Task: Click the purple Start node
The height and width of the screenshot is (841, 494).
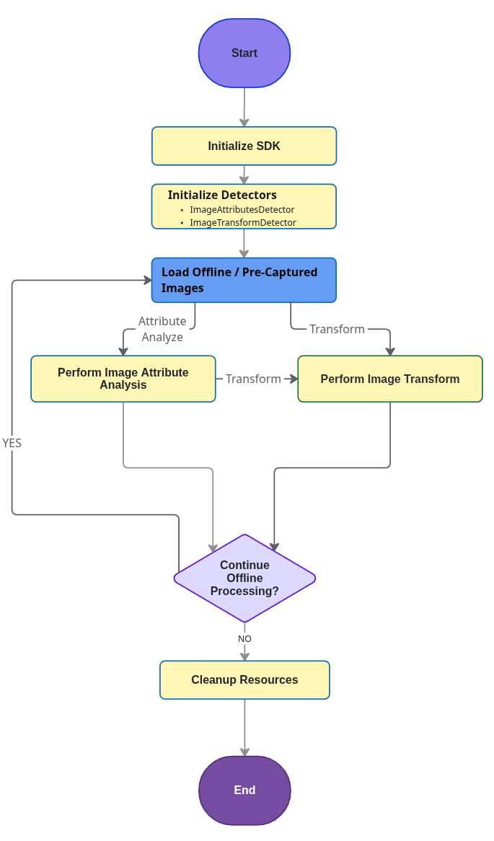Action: (x=244, y=53)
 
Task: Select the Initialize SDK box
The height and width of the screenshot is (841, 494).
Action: (x=244, y=146)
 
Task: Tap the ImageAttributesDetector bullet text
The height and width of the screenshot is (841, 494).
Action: (x=242, y=210)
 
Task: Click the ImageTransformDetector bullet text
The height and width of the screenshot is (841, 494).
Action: (x=242, y=223)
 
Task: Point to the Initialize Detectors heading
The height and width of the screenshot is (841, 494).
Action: (x=222, y=195)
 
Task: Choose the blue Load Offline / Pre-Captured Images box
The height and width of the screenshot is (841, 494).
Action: (x=244, y=280)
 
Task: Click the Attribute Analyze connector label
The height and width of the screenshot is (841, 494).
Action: (x=162, y=329)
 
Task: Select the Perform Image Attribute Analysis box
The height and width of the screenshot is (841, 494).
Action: (x=123, y=379)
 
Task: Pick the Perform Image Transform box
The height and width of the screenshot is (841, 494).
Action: (x=390, y=379)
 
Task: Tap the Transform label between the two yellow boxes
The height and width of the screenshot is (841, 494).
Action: (x=253, y=379)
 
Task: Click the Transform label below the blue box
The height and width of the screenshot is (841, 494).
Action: (x=337, y=329)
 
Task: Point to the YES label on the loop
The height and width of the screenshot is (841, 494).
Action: (x=12, y=443)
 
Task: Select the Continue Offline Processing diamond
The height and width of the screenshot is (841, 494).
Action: (x=244, y=578)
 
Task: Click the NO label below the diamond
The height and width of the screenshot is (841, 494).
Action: (x=244, y=639)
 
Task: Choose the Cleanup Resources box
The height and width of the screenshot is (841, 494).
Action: (x=244, y=680)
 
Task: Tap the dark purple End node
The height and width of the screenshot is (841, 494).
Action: (x=244, y=791)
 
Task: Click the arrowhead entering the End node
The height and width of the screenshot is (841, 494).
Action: (x=244, y=752)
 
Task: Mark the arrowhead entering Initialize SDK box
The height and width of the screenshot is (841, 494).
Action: (x=244, y=123)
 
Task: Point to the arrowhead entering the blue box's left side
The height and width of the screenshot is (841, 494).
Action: (x=147, y=280)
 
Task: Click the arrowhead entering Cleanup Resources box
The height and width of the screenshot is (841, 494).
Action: (x=244, y=656)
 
